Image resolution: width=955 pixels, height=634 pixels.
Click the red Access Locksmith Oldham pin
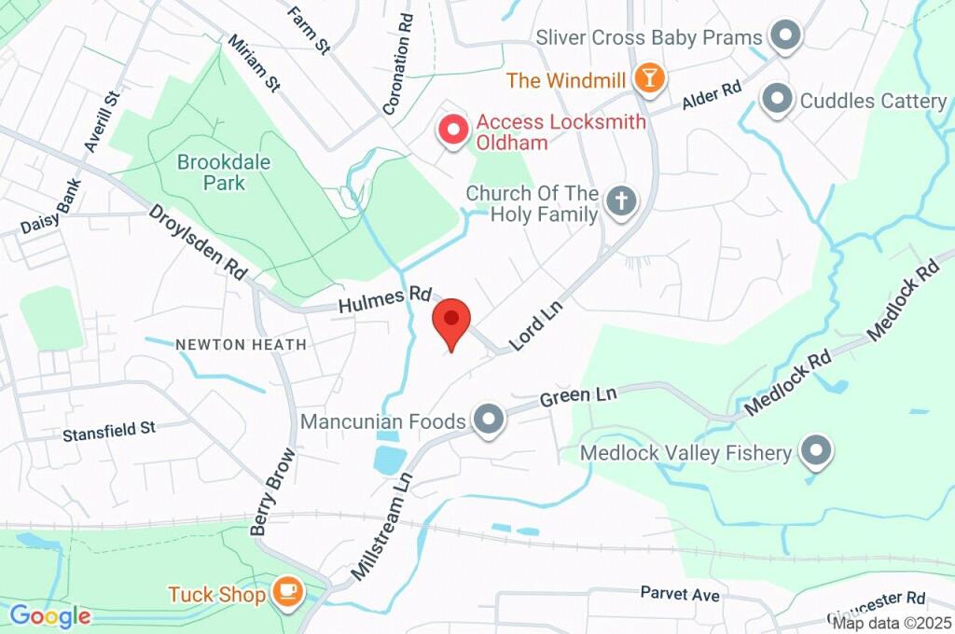[x=454, y=131]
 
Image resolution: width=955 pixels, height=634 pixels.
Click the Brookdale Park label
[x=225, y=172]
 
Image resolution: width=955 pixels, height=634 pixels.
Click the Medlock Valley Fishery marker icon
[x=817, y=452]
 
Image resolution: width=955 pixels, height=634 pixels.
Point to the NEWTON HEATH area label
[x=241, y=345]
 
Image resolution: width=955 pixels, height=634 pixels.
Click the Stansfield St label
[x=109, y=432]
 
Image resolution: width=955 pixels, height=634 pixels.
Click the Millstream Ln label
[x=382, y=526]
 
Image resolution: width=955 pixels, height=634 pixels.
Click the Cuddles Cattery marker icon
[x=776, y=99]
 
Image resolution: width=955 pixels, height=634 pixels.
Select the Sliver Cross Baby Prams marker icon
[x=785, y=37]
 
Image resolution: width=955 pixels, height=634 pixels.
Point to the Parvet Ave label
[x=680, y=593]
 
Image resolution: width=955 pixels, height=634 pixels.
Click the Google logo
[x=49, y=615]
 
